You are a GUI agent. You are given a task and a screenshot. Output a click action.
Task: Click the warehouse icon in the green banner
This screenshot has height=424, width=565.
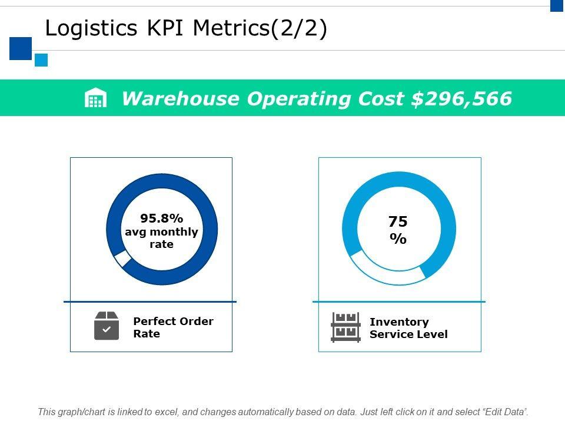96,98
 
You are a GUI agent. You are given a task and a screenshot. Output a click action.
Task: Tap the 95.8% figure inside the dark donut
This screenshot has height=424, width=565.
161,219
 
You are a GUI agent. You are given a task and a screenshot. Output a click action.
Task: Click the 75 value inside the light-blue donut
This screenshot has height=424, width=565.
398,222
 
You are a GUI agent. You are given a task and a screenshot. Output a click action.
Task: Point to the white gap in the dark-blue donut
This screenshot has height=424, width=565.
122,259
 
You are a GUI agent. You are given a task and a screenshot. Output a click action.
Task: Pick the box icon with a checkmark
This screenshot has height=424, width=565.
107,326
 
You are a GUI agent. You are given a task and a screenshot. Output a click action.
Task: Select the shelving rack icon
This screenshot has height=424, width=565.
345,327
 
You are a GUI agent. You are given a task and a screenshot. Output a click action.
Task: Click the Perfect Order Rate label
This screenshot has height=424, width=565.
173,327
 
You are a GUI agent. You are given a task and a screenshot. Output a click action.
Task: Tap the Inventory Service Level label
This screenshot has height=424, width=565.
408,328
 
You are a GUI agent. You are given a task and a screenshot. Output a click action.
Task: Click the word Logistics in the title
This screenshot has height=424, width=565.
87,28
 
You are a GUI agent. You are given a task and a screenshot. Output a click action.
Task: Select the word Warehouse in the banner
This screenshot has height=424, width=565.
180,98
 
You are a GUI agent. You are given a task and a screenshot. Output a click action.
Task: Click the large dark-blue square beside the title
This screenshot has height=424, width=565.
21,48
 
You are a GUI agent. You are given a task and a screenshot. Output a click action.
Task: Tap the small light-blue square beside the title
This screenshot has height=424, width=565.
41,60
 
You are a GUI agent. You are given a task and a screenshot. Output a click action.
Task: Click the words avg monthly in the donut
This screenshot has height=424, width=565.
161,231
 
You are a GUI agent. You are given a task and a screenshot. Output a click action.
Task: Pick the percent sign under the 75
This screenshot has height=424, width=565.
398,239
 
